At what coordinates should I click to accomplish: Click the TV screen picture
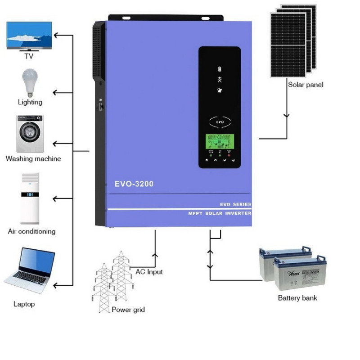tap(28, 35)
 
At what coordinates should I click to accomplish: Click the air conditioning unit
tap(30, 198)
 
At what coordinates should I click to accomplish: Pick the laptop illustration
tap(31, 270)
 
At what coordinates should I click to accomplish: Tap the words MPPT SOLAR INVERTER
tap(220, 213)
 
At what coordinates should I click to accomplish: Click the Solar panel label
tap(306, 84)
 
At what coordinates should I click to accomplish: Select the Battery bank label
tap(297, 298)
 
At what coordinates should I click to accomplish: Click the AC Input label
tap(149, 272)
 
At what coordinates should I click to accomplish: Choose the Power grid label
tap(128, 310)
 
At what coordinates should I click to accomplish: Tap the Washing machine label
tap(33, 159)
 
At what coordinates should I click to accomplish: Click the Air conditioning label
tap(32, 231)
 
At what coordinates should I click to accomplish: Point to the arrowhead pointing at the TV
tap(55, 35)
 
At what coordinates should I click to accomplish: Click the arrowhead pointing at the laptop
tap(55, 285)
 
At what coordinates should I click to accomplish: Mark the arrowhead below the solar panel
tap(286, 116)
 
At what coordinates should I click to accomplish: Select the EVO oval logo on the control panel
tap(220, 121)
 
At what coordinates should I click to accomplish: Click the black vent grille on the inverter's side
tap(99, 49)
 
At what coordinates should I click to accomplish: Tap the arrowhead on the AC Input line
tap(156, 255)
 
